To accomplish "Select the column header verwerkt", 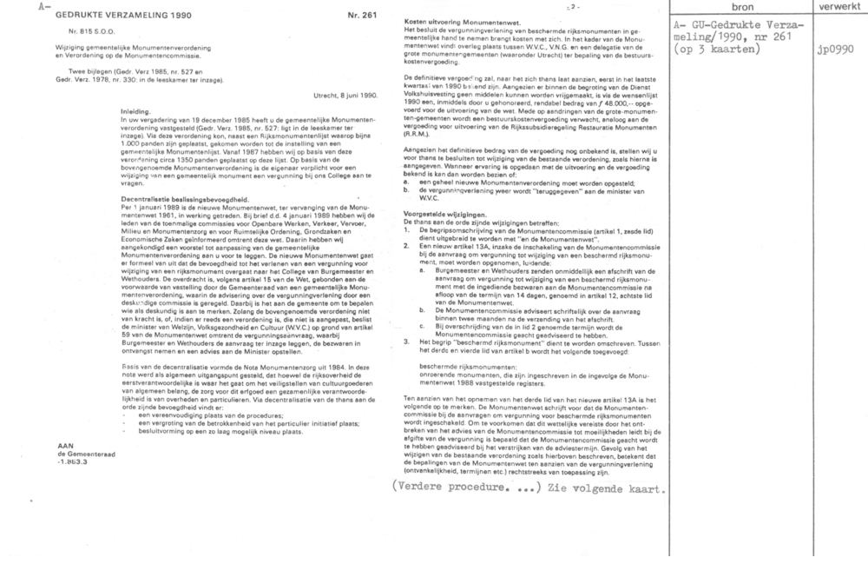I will coord(837,7).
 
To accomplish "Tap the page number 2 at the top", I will coord(474,6).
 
